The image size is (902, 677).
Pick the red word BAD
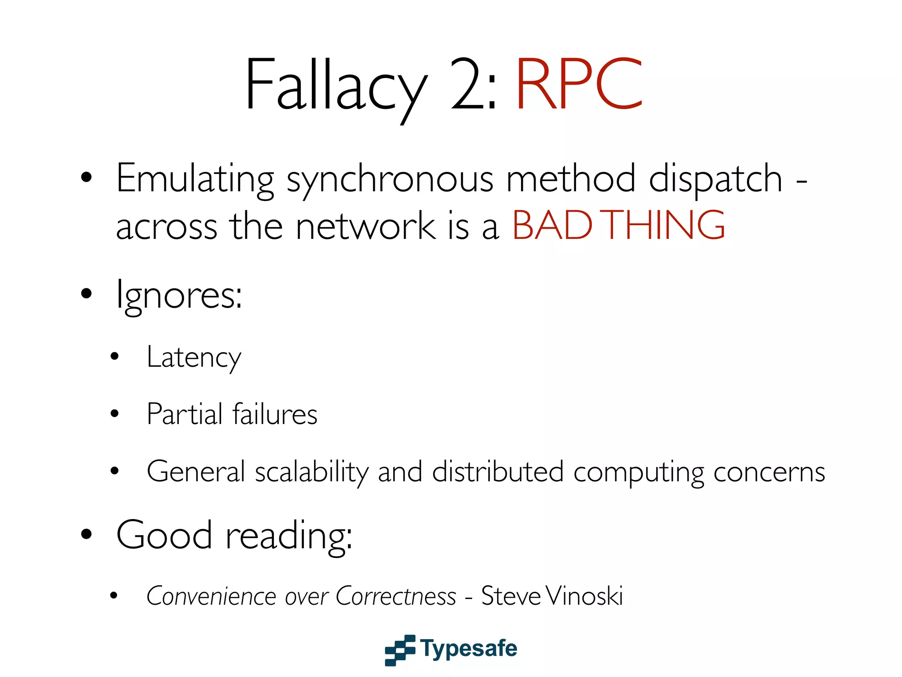pos(552,225)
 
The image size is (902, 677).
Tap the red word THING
pos(665,225)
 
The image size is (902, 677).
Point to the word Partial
pos(185,414)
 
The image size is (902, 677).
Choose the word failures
pos(274,414)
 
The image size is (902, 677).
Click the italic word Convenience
pos(211,596)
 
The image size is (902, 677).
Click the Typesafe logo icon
pos(400,650)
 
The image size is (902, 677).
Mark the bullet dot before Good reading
pos(86,534)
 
